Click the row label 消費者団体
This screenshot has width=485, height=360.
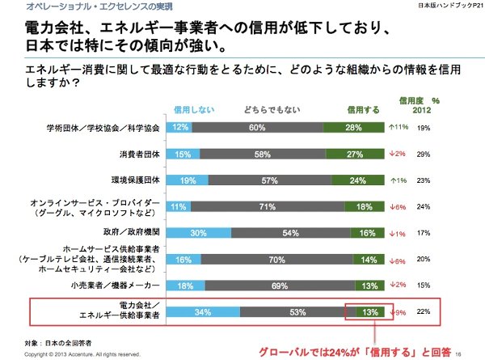[x=138, y=154]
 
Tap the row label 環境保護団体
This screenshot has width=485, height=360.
[x=133, y=180]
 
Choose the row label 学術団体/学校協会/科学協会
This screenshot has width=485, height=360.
[x=103, y=127]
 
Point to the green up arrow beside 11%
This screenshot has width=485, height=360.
[x=391, y=127]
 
